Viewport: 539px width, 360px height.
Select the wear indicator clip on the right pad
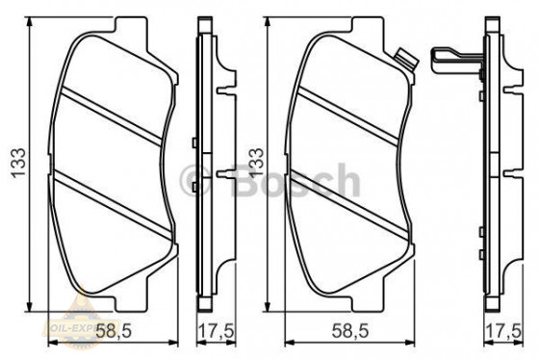(406, 60)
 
